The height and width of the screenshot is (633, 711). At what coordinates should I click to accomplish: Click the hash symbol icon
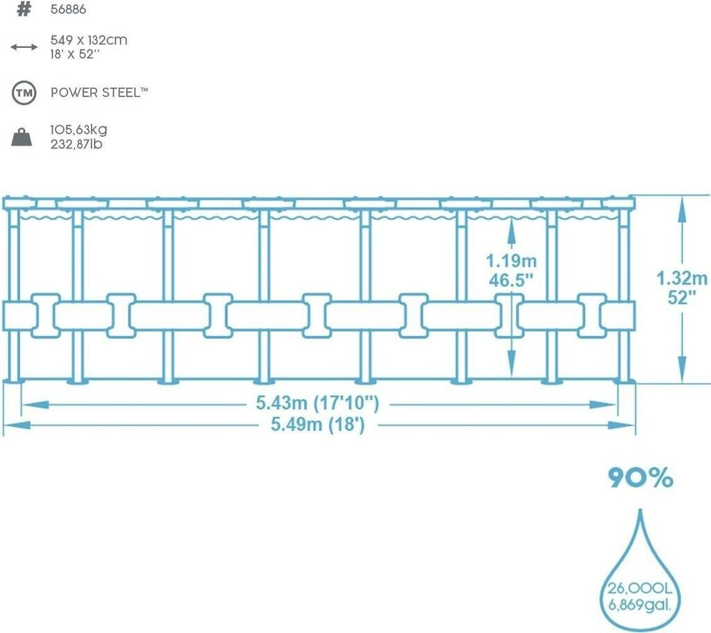[x=24, y=10]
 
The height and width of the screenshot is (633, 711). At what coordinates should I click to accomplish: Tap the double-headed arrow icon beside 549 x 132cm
[x=24, y=47]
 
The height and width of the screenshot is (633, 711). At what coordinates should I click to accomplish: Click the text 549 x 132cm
[x=89, y=40]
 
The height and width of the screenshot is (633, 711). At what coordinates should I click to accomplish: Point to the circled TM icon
[x=24, y=92]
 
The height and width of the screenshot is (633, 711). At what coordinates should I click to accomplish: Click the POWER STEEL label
[x=99, y=92]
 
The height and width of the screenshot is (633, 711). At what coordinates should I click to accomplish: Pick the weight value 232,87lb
[x=78, y=144]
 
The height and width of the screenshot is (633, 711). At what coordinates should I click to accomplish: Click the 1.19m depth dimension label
[x=511, y=261]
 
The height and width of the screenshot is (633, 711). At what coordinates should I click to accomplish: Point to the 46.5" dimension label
[x=511, y=280]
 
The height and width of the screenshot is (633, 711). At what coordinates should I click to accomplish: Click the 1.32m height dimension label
[x=683, y=278]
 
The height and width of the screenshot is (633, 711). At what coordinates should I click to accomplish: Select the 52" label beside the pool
[x=683, y=298]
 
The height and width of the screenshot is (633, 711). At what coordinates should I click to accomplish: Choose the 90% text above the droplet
[x=641, y=478]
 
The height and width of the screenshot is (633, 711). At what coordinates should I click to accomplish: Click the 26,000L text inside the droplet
[x=639, y=589]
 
